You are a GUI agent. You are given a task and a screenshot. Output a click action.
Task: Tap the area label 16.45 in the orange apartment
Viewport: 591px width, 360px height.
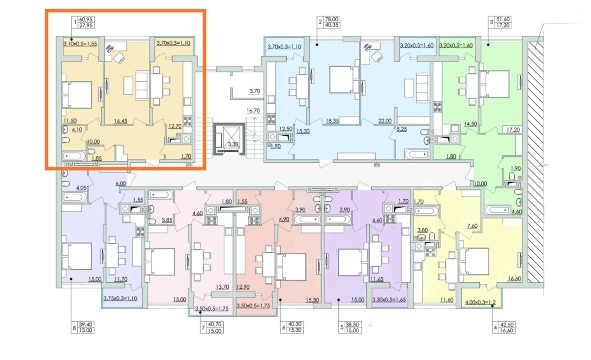(120, 121)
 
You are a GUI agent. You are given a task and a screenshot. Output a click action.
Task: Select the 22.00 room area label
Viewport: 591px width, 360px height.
(385, 121)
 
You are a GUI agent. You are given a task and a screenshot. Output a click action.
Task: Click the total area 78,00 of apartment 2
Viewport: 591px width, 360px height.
(332, 20)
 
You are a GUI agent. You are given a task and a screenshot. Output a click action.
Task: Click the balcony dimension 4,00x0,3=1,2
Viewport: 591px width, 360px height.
(480, 302)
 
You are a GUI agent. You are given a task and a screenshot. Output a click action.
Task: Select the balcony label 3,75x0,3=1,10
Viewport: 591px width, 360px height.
(120, 299)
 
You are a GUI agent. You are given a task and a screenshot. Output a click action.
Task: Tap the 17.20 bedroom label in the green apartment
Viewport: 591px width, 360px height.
(513, 129)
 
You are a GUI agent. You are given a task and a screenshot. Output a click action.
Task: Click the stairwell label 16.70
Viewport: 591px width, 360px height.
(253, 111)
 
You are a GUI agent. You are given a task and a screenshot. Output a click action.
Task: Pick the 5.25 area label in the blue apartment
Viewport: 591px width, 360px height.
(402, 129)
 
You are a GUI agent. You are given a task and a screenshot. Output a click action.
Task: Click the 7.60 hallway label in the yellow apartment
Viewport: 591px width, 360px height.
(473, 226)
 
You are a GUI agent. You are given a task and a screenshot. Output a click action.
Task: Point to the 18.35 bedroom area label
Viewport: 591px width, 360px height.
(332, 121)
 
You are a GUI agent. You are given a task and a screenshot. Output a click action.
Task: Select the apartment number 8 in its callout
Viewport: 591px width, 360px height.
(74, 328)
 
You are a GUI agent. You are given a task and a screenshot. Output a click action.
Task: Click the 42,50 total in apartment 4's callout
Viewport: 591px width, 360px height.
(506, 325)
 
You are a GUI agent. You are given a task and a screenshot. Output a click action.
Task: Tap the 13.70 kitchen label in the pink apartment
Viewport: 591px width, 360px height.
(222, 287)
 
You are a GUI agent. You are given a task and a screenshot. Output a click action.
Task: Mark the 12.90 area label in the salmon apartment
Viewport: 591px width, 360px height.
(243, 287)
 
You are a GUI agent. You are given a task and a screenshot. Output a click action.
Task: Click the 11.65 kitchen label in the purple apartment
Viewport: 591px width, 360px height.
(377, 279)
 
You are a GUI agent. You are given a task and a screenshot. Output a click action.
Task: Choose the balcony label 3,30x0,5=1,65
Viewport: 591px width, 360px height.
(389, 300)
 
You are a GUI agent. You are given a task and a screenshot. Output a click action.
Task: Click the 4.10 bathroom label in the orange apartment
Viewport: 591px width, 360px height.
(77, 129)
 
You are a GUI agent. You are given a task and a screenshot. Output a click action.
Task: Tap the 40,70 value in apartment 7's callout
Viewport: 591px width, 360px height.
(214, 325)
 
